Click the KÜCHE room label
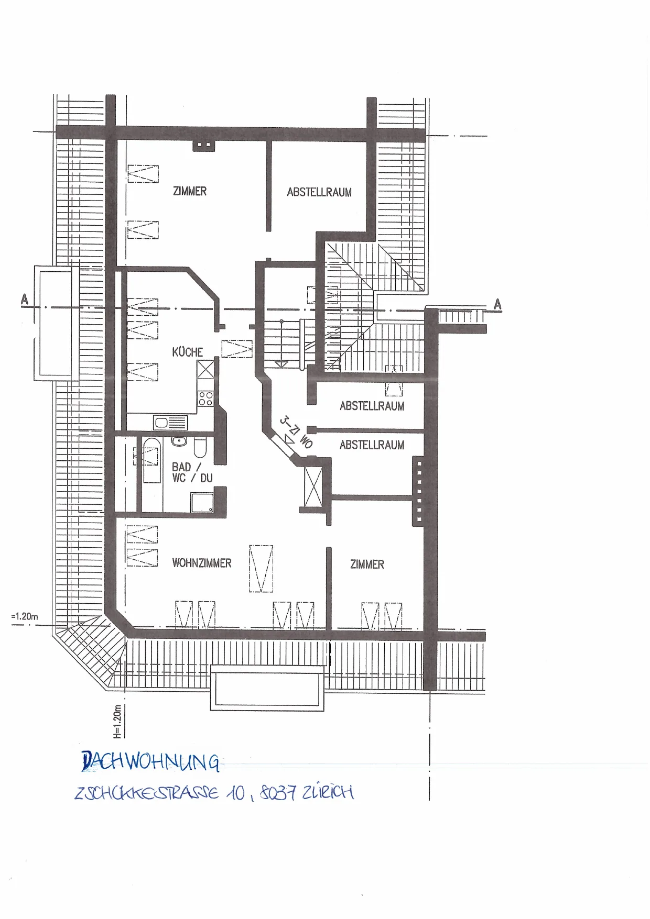pyautogui.click(x=188, y=352)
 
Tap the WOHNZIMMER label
pyautogui.click(x=202, y=563)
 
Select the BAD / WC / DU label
pyautogui.click(x=192, y=472)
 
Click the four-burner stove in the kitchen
pyautogui.click(x=205, y=398)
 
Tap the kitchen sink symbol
pyautogui.click(x=170, y=422)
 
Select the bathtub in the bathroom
pyautogui.click(x=151, y=460)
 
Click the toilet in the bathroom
pyautogui.click(x=200, y=448)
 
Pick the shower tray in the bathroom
pyautogui.click(x=202, y=502)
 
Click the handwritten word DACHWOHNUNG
pyautogui.click(x=150, y=762)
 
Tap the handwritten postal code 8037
pyautogui.click(x=278, y=793)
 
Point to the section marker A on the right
pyautogui.click(x=497, y=304)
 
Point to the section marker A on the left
pyautogui.click(x=24, y=300)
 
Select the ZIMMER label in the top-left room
pyautogui.click(x=190, y=191)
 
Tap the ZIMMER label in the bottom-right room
pyautogui.click(x=367, y=564)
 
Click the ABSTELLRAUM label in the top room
pyautogui.click(x=319, y=192)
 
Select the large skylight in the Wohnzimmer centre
pyautogui.click(x=261, y=569)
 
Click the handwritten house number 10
pyautogui.click(x=236, y=793)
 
